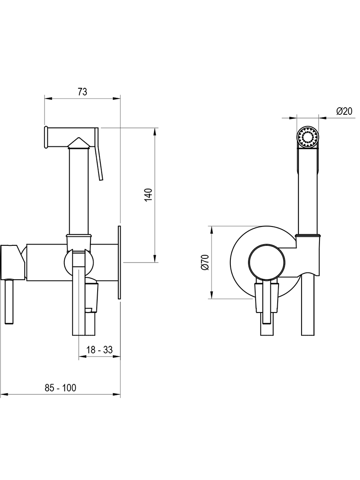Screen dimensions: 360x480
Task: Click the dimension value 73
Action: (82, 91)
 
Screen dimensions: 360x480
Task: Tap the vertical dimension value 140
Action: (148, 195)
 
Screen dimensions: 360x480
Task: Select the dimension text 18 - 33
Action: (99, 349)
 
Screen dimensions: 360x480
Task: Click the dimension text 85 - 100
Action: (60, 388)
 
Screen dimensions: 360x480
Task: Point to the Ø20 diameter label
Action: (344, 111)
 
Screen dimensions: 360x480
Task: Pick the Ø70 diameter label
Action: (205, 262)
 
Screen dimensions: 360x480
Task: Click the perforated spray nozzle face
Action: (308, 136)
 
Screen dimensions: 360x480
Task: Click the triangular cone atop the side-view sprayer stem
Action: (79, 143)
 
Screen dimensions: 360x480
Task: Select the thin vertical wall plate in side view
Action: (119, 263)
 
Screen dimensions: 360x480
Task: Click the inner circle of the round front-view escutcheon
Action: (267, 262)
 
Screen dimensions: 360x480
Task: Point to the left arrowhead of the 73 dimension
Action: (48, 98)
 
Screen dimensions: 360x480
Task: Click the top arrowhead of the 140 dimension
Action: (155, 131)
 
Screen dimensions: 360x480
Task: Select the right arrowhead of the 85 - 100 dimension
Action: (117, 394)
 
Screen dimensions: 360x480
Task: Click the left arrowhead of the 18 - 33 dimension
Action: (82, 356)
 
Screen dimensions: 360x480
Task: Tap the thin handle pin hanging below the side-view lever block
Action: (9, 301)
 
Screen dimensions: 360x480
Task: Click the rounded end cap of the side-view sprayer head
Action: (46, 137)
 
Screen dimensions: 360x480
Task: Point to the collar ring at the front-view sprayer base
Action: (308, 235)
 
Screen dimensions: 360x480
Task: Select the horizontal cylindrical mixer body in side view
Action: (72, 263)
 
